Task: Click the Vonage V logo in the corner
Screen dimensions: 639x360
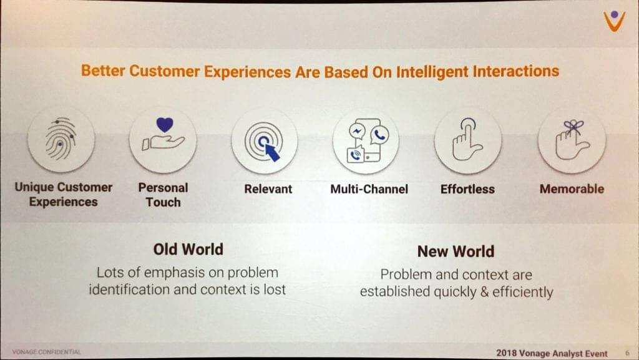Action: [615, 21]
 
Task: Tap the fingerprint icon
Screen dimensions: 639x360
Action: [61, 139]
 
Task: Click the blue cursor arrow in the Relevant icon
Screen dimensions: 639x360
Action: [272, 152]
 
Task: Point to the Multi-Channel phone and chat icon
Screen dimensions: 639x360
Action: [366, 141]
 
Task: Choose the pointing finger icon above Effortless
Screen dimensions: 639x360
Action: [467, 140]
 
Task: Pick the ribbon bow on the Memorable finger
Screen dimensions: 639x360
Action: [573, 127]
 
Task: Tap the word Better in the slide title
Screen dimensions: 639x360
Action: [103, 70]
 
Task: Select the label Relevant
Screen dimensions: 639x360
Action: [268, 189]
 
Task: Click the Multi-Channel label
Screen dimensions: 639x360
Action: [369, 189]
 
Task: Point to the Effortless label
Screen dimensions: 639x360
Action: [467, 189]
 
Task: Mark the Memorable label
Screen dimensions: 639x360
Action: [572, 188]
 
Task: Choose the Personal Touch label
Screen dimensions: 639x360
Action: [163, 195]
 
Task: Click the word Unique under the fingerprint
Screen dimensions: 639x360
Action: [34, 187]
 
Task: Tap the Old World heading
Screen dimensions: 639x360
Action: [188, 249]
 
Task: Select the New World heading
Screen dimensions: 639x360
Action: [456, 251]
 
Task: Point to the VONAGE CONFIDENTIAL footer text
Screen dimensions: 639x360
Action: [46, 352]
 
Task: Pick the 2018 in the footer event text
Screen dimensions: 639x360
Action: [506, 353]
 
